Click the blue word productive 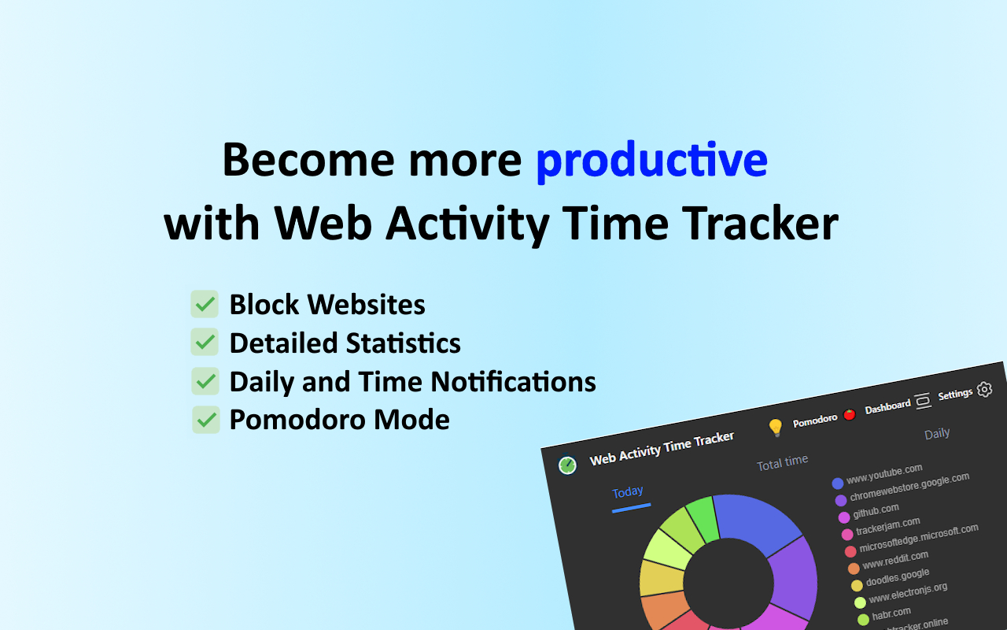[x=651, y=161]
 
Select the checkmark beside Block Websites [x=205, y=304]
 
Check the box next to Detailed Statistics [x=205, y=343]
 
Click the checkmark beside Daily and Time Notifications [x=205, y=381]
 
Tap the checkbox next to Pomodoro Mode [x=205, y=420]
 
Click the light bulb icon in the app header [x=775, y=428]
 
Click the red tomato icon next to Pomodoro [x=849, y=414]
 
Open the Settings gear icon [x=984, y=389]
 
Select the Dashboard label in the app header [x=887, y=406]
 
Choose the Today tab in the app [x=628, y=492]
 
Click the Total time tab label [x=782, y=462]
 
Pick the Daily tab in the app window [x=937, y=433]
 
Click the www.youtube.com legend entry [x=883, y=474]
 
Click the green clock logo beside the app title [x=567, y=465]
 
